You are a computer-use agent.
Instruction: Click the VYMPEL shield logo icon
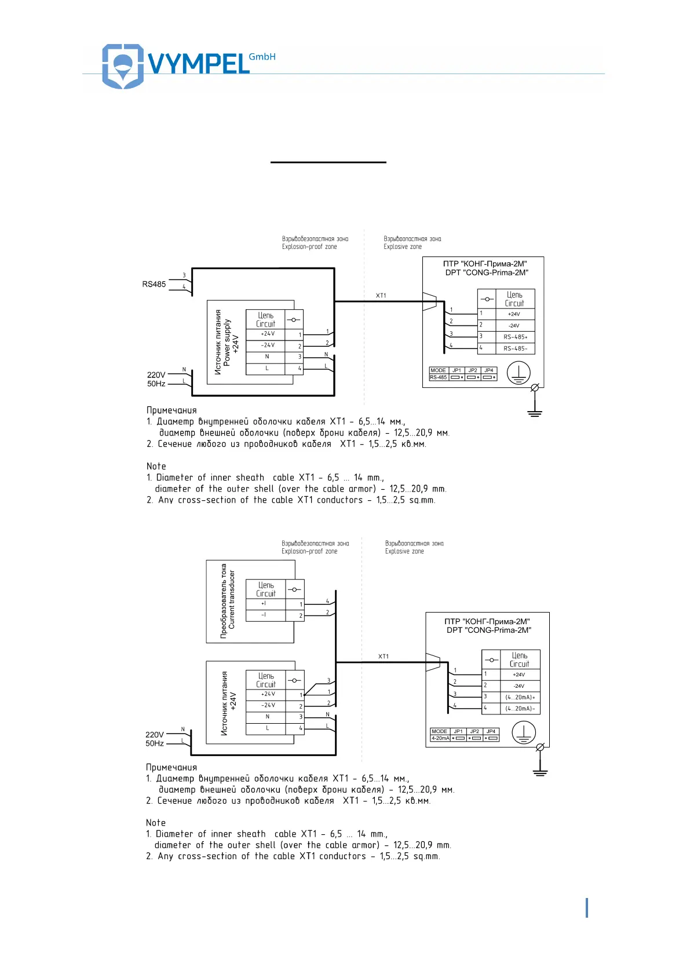point(122,65)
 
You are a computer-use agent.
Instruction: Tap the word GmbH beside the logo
point(262,57)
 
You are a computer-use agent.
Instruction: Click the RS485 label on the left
point(154,284)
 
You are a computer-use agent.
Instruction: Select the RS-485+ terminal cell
point(515,337)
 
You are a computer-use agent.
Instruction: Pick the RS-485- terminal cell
point(515,349)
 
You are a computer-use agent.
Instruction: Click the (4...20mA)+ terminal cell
point(520,697)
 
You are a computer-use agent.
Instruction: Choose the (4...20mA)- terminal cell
point(520,709)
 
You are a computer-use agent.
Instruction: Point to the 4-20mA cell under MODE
point(440,738)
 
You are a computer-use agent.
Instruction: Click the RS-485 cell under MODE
point(438,377)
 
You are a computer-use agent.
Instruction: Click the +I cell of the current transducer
point(264,604)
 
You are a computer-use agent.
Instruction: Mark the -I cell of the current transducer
point(264,615)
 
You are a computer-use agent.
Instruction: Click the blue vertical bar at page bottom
point(587,908)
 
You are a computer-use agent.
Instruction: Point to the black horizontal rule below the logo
point(328,162)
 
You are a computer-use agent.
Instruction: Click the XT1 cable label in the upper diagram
point(381,296)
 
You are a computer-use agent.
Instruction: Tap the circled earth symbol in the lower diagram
point(524,733)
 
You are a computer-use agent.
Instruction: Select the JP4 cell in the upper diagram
point(489,371)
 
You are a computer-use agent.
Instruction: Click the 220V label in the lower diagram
point(154,735)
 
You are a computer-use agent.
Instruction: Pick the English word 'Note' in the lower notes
point(156,823)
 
